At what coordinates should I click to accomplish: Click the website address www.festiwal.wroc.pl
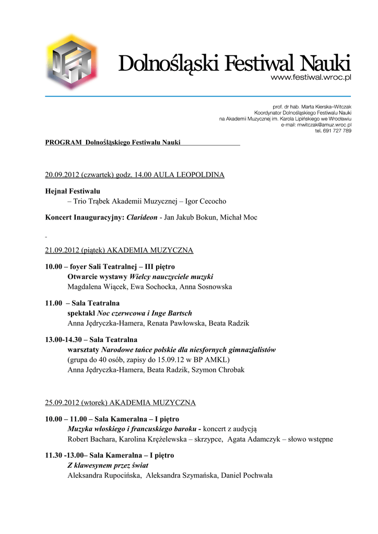point(310,78)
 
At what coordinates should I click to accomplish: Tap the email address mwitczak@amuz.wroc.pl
point(324,125)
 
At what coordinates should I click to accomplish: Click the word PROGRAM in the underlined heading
point(63,142)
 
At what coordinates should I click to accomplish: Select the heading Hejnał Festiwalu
point(73,191)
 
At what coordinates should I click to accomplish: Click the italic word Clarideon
point(142,217)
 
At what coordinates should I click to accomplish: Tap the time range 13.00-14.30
point(63,339)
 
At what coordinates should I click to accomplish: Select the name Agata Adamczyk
point(253,439)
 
